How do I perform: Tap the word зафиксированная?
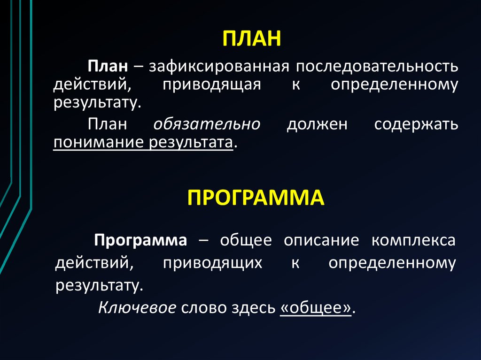218,66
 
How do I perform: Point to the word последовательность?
376,66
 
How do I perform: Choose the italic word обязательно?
207,124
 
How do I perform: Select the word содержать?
416,124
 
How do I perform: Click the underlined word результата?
191,142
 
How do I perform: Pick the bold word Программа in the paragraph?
141,241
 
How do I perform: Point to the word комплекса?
413,241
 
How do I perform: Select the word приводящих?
212,263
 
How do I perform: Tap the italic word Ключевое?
137,308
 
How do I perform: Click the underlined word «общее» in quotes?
316,308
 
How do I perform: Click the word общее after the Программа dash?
246,241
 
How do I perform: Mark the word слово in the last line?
203,308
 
